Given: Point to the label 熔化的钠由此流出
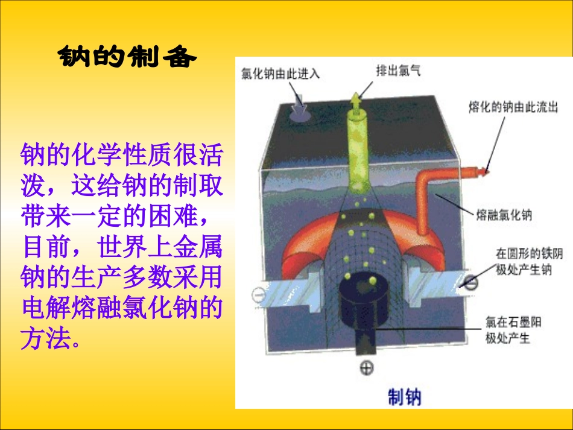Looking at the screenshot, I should (513, 107).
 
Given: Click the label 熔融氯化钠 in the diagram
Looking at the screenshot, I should (504, 215).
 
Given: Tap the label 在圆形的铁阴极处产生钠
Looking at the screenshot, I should (524, 261).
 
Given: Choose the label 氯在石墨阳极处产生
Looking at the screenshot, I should (513, 330).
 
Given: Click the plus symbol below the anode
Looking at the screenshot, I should (366, 368).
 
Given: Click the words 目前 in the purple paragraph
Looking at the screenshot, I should (46, 247).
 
